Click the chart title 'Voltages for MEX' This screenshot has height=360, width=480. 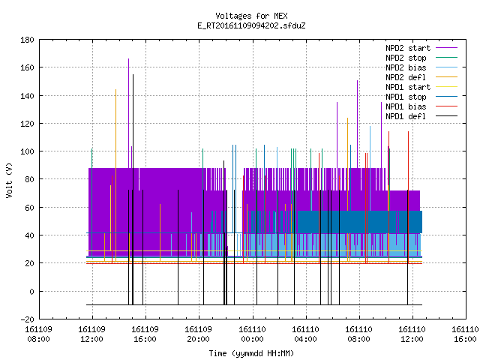pyautogui.click(x=251, y=16)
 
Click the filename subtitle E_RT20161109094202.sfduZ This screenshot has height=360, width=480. pyautogui.click(x=251, y=25)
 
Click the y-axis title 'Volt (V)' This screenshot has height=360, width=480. pyautogui.click(x=9, y=180)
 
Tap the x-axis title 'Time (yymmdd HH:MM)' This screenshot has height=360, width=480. pyautogui.click(x=251, y=353)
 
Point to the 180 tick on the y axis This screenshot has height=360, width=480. pyautogui.click(x=27, y=40)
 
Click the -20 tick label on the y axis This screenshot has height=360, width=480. pyautogui.click(x=27, y=319)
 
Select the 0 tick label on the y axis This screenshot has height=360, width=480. pyautogui.click(x=31, y=292)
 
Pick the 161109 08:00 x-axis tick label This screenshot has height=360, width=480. pyautogui.click(x=38, y=334)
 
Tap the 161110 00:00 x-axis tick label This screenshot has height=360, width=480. pyautogui.click(x=252, y=334)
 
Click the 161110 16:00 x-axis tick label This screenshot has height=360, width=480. pyautogui.click(x=465, y=334)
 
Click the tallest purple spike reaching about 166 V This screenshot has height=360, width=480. pyautogui.click(x=128, y=113)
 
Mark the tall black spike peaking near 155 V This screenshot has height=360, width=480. pyautogui.click(x=133, y=190)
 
